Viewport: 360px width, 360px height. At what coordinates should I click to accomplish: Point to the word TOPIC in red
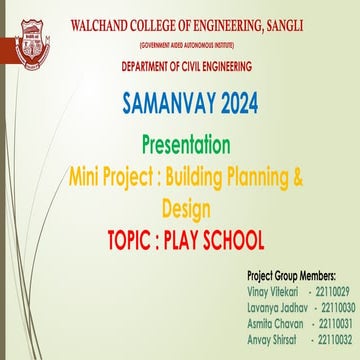click(139, 240)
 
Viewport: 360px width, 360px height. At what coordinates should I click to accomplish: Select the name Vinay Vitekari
click(274, 288)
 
